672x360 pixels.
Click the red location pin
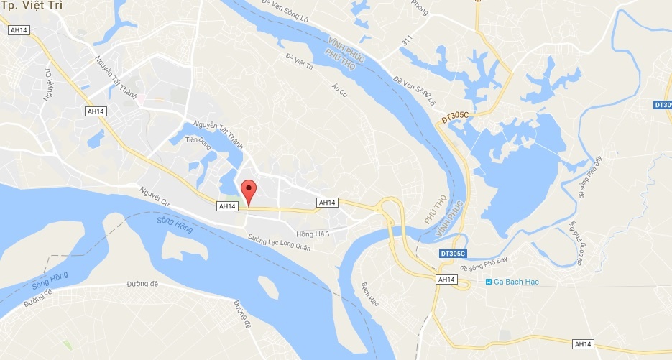tap(248, 192)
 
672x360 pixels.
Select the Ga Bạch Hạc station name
tap(516, 282)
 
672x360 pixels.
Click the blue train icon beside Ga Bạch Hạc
tap(489, 282)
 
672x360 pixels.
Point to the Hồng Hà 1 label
tap(312, 234)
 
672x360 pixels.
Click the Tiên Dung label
tap(196, 140)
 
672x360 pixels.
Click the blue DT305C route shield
tap(454, 254)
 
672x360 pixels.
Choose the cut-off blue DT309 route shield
tap(663, 106)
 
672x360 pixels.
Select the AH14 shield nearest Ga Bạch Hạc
tap(447, 279)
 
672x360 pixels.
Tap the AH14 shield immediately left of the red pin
tap(226, 206)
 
